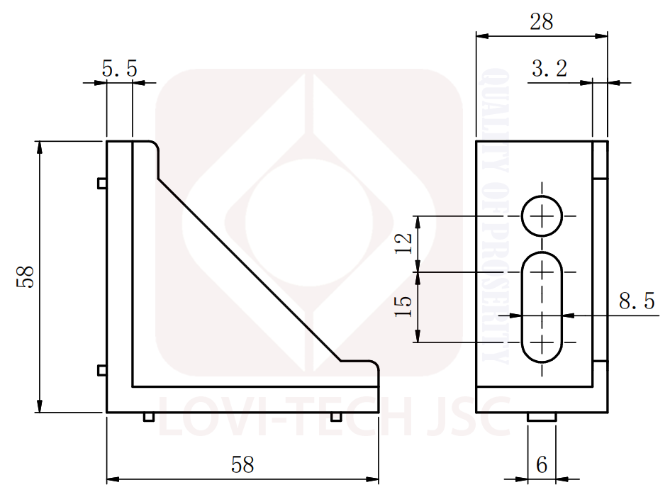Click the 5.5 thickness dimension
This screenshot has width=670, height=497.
(120, 68)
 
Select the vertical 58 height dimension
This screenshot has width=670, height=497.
(26, 277)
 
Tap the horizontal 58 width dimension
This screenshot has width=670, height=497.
(242, 464)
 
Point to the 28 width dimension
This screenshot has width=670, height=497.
(542, 21)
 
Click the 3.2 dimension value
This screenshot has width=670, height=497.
(549, 68)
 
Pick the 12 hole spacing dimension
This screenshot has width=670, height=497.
(403, 244)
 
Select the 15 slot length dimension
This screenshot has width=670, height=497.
(403, 306)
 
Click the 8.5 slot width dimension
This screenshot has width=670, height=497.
(637, 301)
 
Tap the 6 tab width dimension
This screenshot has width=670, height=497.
(542, 464)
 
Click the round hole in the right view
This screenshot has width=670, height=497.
(542, 216)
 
